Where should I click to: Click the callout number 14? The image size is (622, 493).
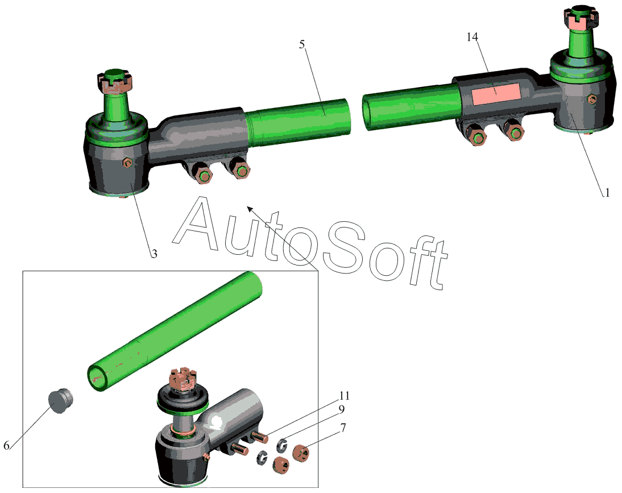click(472, 37)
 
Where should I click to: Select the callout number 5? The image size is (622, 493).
click(302, 44)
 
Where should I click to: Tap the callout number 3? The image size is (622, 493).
click(154, 254)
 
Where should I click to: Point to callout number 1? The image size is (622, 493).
click(607, 193)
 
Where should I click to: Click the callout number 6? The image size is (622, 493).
click(6, 445)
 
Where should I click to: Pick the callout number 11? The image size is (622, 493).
click(345, 395)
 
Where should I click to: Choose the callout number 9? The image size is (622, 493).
click(341, 409)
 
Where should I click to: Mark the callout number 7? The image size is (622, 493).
click(343, 428)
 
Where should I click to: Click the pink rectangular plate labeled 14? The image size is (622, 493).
click(496, 95)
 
